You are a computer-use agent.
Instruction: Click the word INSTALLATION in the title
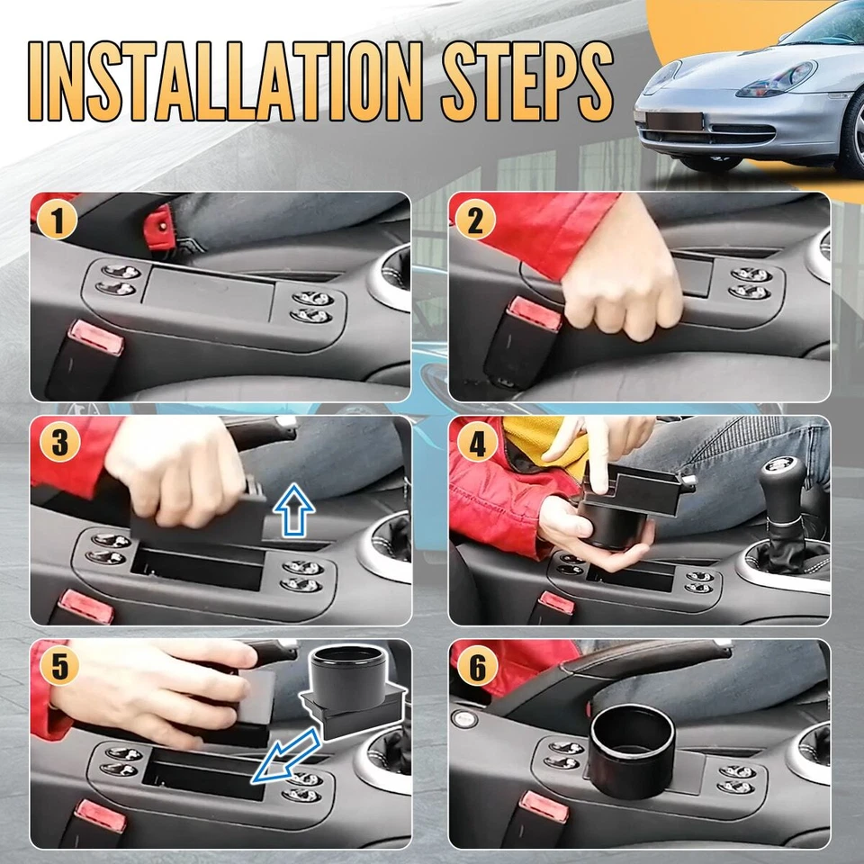coord(226,81)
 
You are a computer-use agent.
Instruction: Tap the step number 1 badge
coord(58,220)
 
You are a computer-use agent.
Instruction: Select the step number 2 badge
coord(475,220)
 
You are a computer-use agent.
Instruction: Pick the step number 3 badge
coord(59,442)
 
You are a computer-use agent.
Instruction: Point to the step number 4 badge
coord(477,443)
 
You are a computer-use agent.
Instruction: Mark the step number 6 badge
coord(478,666)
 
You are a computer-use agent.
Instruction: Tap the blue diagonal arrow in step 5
coord(285,756)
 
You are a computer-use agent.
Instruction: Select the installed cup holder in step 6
coord(632,753)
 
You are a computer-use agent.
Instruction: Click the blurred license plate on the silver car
coord(675,121)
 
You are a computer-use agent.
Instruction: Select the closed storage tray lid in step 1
coord(208,293)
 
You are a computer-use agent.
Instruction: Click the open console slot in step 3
coord(198,569)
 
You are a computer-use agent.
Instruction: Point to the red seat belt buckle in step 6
coord(544,806)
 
